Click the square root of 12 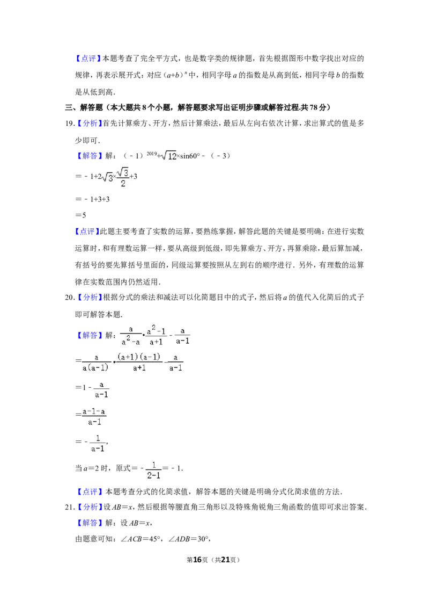pyautogui.click(x=169, y=156)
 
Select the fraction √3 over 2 pyautogui.click(x=124, y=176)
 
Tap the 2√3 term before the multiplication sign pyautogui.click(x=106, y=177)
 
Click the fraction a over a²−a pyautogui.click(x=129, y=335)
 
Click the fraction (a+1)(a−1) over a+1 pyautogui.click(x=139, y=361)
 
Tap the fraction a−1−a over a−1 pyautogui.click(x=94, y=416)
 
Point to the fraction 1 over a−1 pyautogui.click(x=97, y=443)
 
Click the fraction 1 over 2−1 pyautogui.click(x=153, y=470)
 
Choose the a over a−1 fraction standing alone pyautogui.click(x=100, y=389)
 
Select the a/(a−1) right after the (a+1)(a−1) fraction pyautogui.click(x=175, y=361)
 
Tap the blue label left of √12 pyautogui.click(x=90, y=156)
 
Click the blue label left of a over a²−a pyautogui.click(x=90, y=336)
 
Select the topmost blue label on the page pyautogui.click(x=88, y=59)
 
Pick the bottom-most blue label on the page pyautogui.click(x=90, y=523)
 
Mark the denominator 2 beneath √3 pyautogui.click(x=123, y=184)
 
